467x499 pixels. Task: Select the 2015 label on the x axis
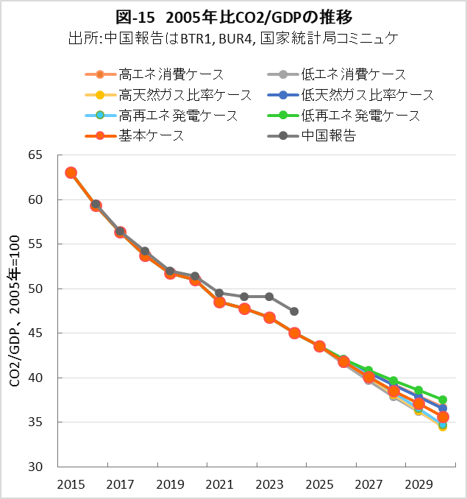[71, 484]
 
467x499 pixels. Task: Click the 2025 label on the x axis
[319, 484]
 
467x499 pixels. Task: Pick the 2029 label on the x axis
[418, 484]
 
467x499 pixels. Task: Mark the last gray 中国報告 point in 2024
[294, 311]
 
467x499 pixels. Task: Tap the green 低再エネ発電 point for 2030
[443, 400]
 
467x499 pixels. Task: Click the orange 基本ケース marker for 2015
[71, 173]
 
